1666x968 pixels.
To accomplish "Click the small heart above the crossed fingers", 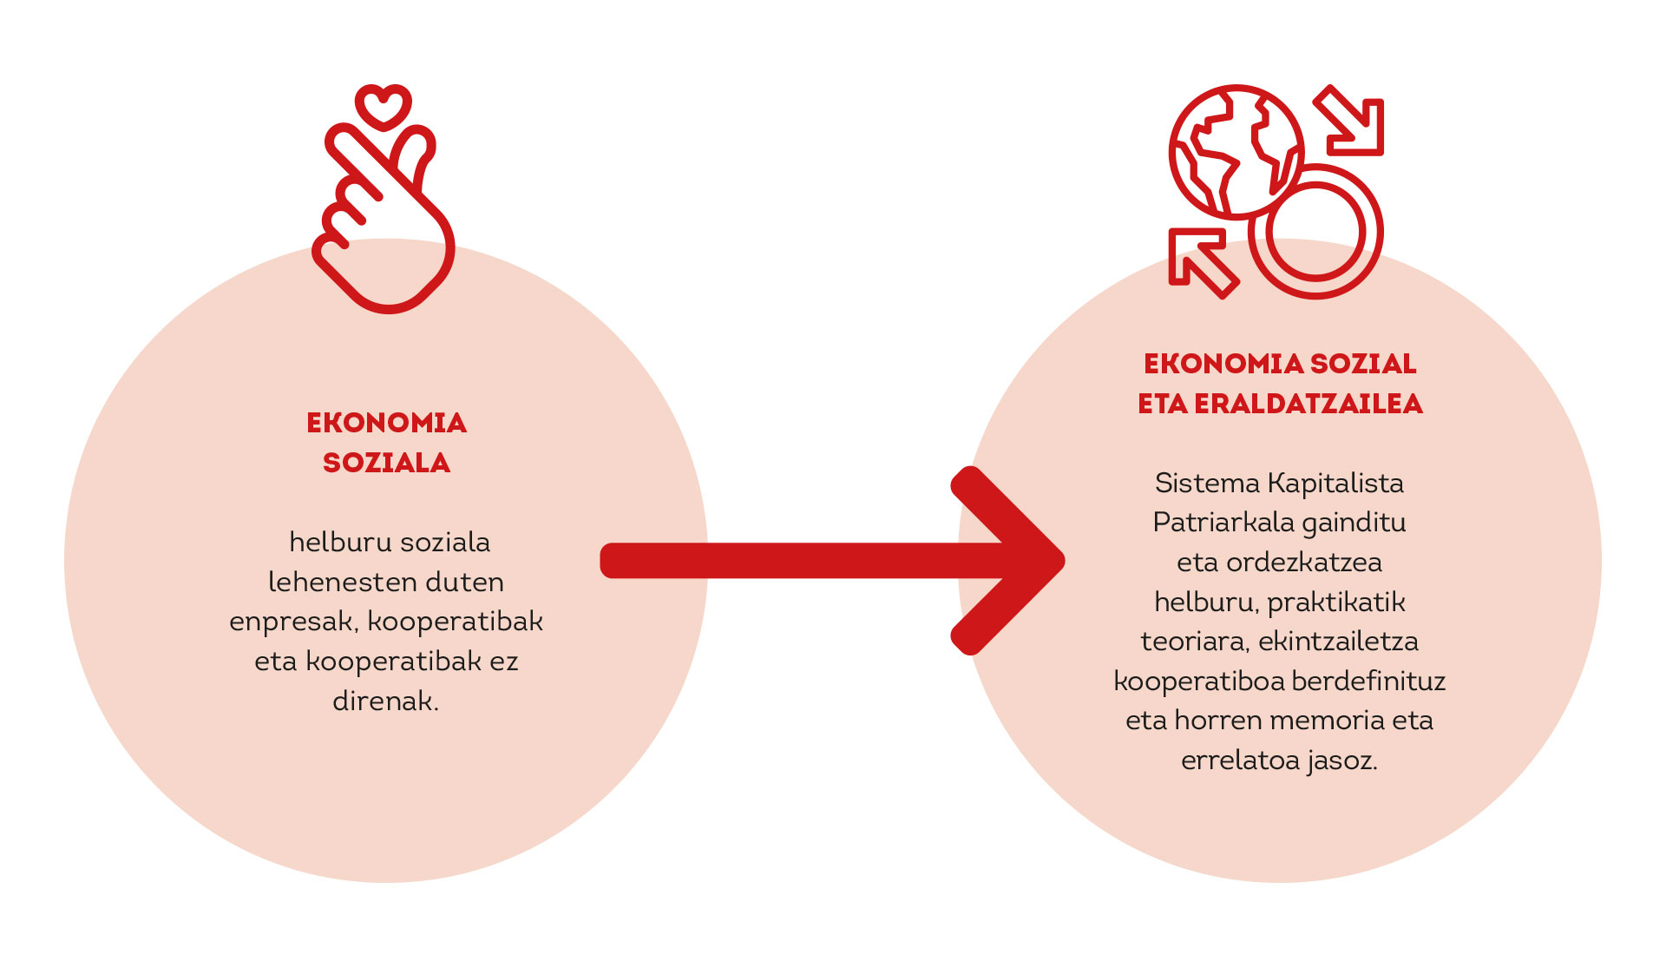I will coord(383,107).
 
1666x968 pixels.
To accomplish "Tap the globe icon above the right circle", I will coord(1236,151).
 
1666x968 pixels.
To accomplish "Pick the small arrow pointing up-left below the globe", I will coord(1199,260).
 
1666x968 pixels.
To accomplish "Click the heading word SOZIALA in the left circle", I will coord(386,463).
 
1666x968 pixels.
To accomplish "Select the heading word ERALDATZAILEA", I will coord(1309,404).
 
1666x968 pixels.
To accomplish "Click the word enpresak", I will coord(292,622).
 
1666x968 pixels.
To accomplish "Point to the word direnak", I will coord(385,701).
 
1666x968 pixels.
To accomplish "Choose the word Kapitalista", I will coord(1335,483).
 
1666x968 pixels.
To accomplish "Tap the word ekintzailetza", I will coord(1338,642).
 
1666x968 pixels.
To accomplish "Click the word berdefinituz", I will coord(1368,681).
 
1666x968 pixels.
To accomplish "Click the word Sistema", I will coord(1207,483).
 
